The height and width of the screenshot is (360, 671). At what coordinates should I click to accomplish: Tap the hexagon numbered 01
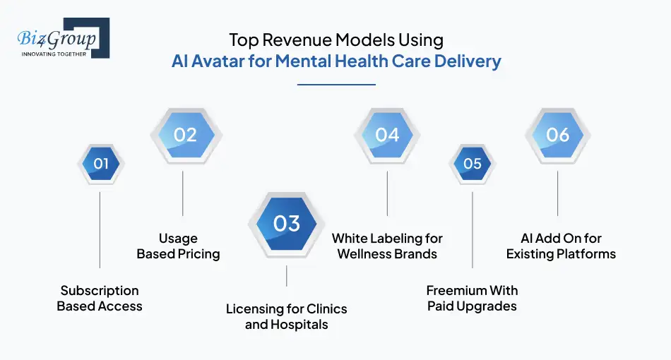tap(100, 164)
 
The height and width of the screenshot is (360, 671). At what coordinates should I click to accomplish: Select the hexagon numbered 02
tap(184, 134)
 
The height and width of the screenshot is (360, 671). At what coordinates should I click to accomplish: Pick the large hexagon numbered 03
tap(286, 224)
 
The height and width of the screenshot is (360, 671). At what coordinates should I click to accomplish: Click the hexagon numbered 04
tap(387, 134)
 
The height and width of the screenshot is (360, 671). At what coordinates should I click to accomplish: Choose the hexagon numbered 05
tap(472, 164)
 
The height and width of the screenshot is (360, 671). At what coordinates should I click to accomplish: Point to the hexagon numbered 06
tap(557, 134)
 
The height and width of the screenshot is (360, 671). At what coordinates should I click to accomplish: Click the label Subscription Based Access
tap(100, 299)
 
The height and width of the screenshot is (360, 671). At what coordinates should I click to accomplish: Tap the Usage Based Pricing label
tap(178, 246)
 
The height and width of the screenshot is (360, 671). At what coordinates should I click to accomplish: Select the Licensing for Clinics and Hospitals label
tap(286, 317)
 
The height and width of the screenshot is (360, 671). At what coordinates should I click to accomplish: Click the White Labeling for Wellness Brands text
tap(387, 246)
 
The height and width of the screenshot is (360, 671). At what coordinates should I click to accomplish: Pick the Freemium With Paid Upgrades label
tap(472, 299)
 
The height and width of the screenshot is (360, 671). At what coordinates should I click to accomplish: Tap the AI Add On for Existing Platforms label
tap(561, 246)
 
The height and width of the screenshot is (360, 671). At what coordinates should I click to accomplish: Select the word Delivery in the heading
tap(467, 61)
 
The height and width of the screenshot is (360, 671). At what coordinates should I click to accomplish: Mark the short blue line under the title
tap(335, 85)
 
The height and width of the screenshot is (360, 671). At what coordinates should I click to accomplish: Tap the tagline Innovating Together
tap(54, 54)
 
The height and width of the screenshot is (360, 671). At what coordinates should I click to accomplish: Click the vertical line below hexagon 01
tap(100, 229)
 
